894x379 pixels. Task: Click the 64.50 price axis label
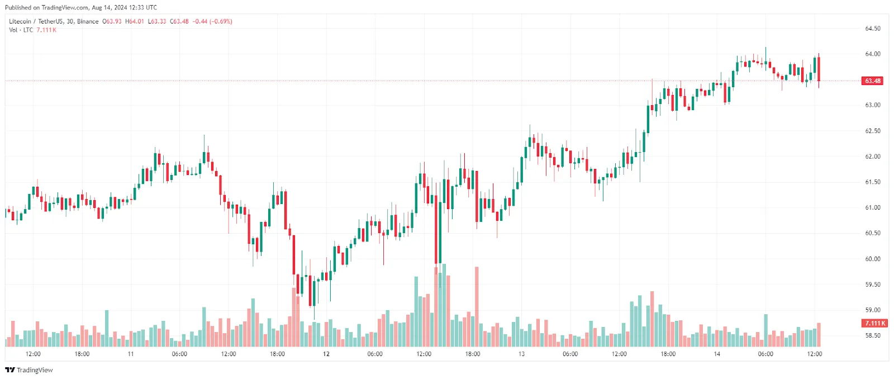click(872, 29)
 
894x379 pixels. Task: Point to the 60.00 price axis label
click(872, 259)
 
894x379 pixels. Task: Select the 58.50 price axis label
click(872, 335)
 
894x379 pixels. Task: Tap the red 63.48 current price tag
click(873, 81)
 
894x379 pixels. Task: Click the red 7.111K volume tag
click(875, 323)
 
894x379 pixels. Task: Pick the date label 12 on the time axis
click(326, 354)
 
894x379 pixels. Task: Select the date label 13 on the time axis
click(521, 354)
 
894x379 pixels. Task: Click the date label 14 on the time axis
click(717, 354)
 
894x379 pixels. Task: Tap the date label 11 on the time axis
click(131, 354)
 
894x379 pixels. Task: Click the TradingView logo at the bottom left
click(29, 370)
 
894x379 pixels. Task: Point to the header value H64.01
click(135, 21)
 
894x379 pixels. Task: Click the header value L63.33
click(157, 21)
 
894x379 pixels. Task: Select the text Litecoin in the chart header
click(20, 21)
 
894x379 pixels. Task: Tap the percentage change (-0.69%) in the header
click(221, 21)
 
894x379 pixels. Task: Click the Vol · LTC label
click(21, 30)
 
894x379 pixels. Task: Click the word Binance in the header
click(88, 21)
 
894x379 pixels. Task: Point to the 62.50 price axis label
click(872, 131)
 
